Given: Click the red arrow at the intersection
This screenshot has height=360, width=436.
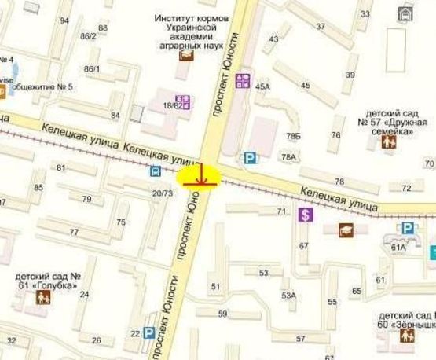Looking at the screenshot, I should [x=202, y=176].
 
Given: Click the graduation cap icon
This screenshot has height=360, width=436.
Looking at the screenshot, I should [x=344, y=229].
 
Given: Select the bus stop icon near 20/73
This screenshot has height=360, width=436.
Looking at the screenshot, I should [x=155, y=171].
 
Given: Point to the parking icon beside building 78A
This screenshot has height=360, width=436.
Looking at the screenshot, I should [x=250, y=159].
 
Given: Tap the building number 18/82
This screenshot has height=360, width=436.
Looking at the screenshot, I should [x=172, y=105].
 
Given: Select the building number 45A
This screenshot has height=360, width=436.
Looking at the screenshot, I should [x=262, y=86].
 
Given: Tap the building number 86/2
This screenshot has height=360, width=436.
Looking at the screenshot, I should [x=88, y=36].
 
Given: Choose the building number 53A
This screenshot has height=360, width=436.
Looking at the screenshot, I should [x=289, y=296].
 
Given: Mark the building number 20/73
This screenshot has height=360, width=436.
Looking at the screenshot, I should [x=163, y=193].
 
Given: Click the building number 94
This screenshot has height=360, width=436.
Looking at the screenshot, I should [x=64, y=20].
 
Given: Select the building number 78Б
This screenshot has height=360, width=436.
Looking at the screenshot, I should [x=293, y=136].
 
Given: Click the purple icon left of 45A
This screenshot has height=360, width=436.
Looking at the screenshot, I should [x=243, y=80].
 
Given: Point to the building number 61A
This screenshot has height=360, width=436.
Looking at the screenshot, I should [x=398, y=248].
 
